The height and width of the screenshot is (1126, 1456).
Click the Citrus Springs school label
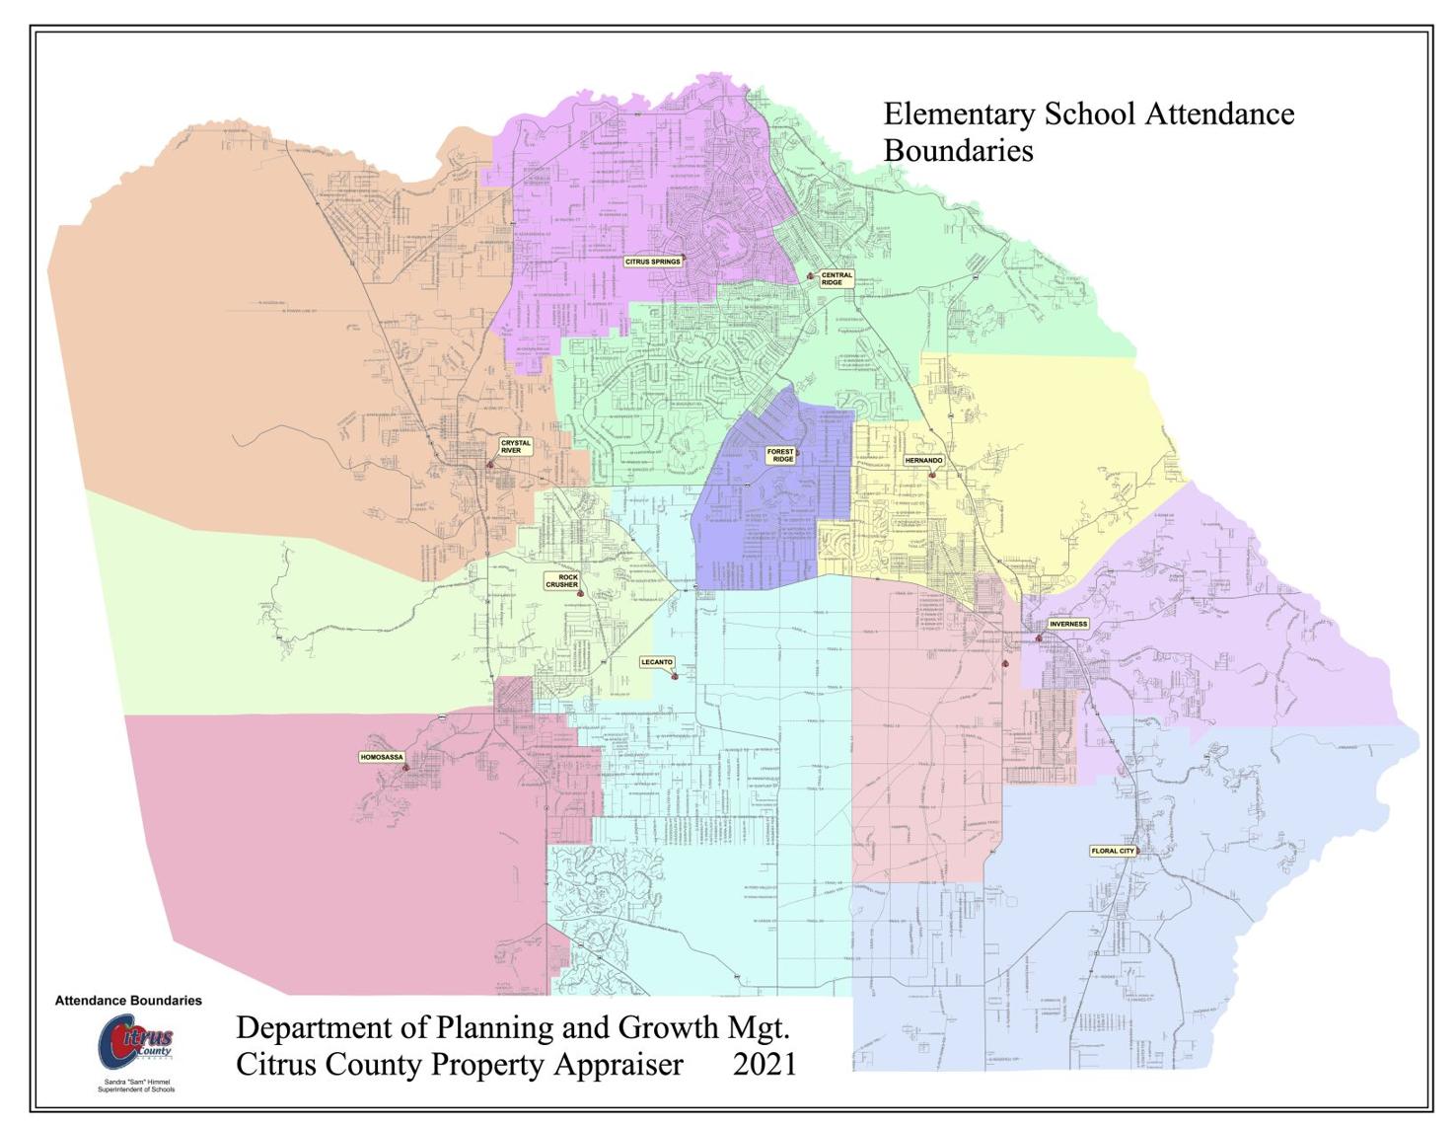[653, 262]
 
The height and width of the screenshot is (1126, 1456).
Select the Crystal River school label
[515, 447]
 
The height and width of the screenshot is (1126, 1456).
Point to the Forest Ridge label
[780, 455]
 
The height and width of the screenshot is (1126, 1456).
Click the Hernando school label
[923, 461]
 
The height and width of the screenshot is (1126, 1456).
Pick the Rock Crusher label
[563, 580]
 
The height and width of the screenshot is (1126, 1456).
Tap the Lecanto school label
[656, 662]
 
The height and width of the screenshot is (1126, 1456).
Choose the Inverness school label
[1067, 624]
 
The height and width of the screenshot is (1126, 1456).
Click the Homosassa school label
[381, 757]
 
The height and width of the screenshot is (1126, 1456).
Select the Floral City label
[1113, 851]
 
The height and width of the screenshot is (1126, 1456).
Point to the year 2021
[764, 1065]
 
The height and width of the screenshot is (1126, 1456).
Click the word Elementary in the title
[959, 114]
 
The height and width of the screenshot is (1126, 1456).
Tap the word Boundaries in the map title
[958, 151]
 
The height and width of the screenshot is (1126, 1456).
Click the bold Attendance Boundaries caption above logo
[128, 1001]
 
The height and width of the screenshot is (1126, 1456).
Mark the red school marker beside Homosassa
[405, 767]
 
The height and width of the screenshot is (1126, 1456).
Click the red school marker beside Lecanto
[674, 676]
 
